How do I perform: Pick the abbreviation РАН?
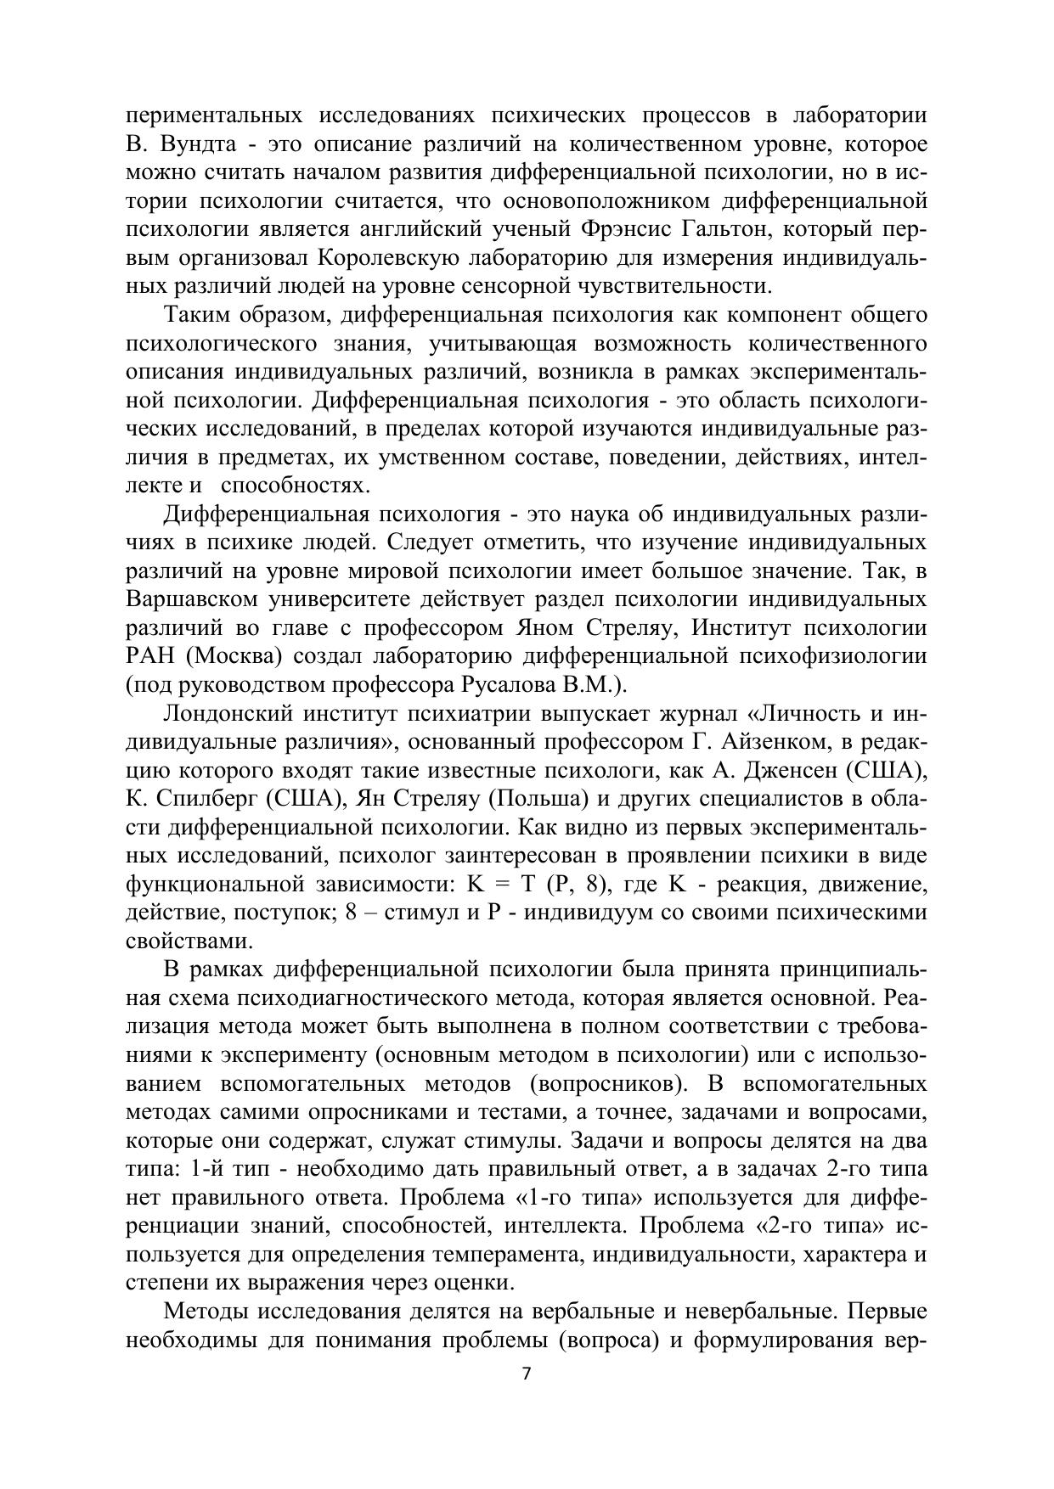(x=149, y=656)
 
